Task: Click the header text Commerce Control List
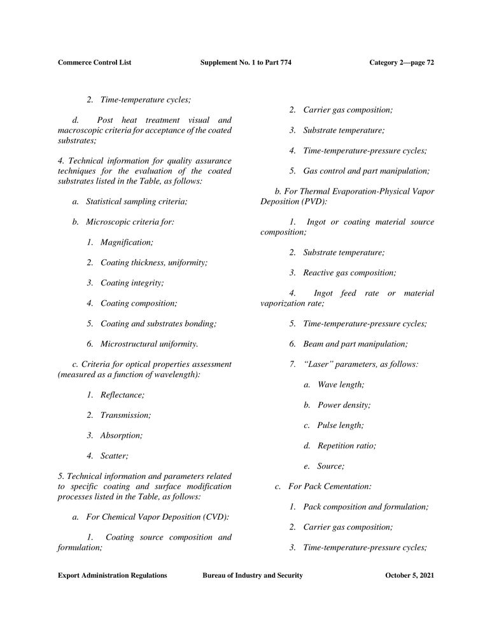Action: click(94, 62)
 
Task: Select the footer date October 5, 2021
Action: click(410, 575)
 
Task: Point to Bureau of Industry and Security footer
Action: click(253, 575)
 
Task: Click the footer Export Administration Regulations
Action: click(113, 575)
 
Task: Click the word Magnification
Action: click(127, 242)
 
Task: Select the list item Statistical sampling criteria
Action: click(137, 201)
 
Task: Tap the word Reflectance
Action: click(122, 395)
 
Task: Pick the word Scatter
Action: click(114, 455)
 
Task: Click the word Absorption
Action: click(121, 435)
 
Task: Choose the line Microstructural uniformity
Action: click(149, 344)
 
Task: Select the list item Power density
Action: click(344, 404)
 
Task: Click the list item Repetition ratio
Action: click(346, 445)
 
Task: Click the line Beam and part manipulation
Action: click(355, 344)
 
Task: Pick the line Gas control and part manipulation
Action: click(366, 171)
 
